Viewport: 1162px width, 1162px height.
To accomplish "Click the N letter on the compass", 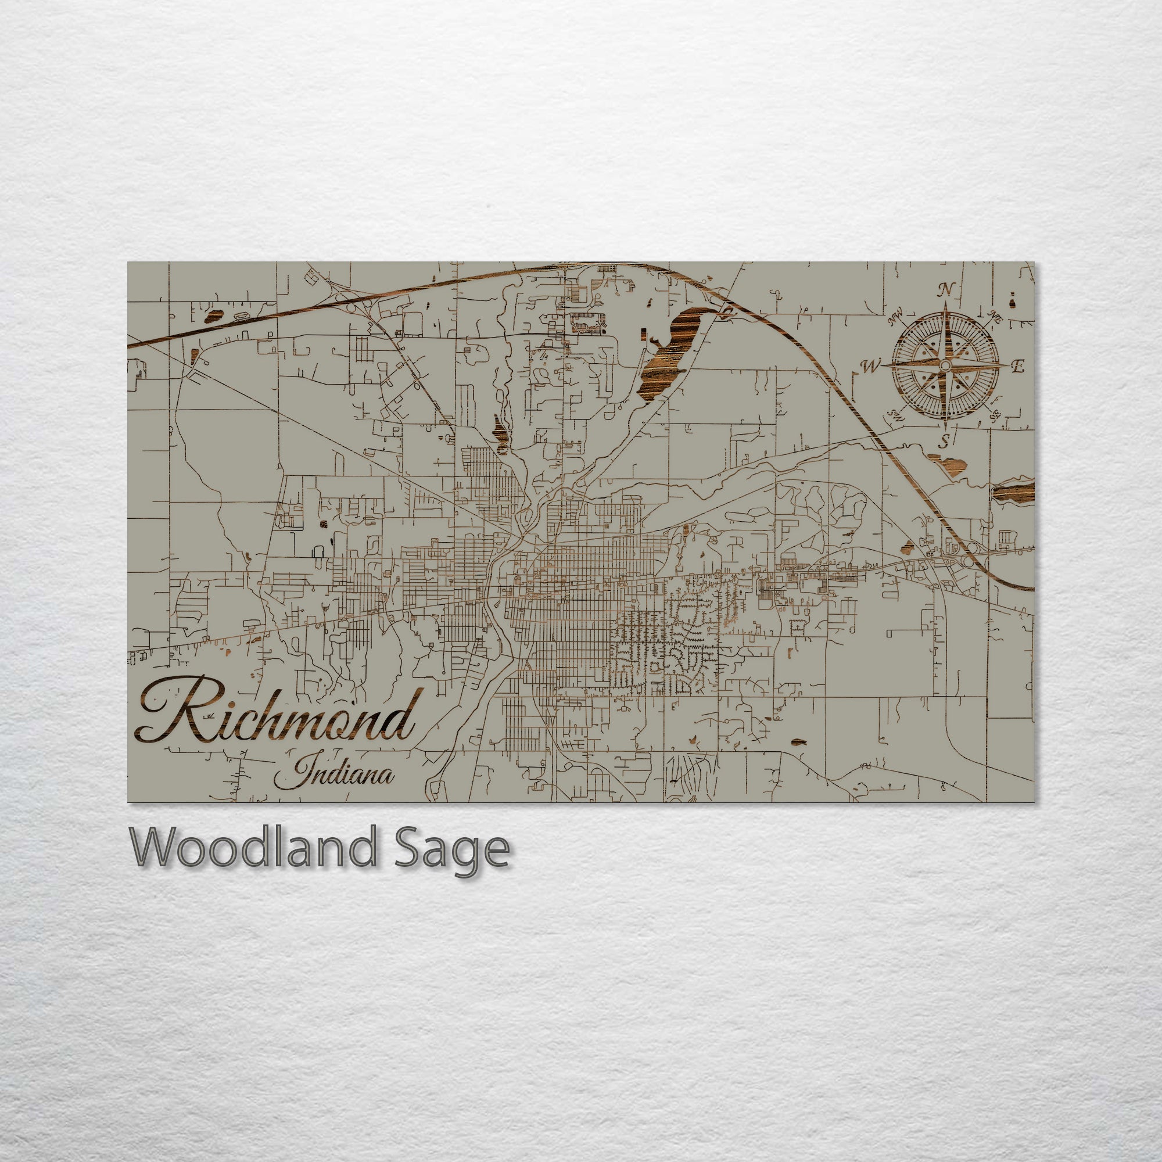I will pyautogui.click(x=946, y=290).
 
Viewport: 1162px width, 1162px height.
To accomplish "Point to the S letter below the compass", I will pyautogui.click(x=945, y=442).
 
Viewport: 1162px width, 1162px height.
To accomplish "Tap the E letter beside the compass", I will pyautogui.click(x=1017, y=366).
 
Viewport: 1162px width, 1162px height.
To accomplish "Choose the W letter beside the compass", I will pyautogui.click(x=870, y=366).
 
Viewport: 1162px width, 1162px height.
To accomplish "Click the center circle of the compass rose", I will pyautogui.click(x=945, y=365).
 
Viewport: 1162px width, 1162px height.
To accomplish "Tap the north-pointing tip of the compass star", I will pyautogui.click(x=945, y=303).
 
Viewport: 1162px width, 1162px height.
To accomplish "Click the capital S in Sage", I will pyautogui.click(x=409, y=847).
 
